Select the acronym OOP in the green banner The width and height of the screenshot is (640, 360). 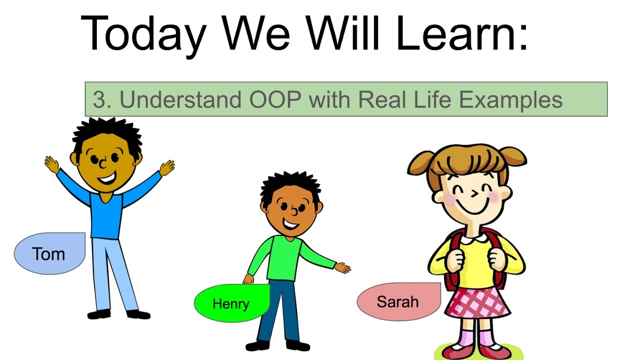click(275, 99)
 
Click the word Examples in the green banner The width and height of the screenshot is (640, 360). click(510, 100)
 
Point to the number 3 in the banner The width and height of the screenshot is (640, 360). click(99, 99)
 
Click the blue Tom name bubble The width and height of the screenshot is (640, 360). click(49, 253)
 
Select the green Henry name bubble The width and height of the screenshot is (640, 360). click(231, 303)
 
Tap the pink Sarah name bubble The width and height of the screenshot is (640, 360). click(399, 301)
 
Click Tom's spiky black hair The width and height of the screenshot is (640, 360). click(107, 135)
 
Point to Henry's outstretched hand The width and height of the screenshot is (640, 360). click(342, 267)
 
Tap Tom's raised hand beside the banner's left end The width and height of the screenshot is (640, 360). click(167, 168)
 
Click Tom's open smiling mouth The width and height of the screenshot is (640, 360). click(107, 179)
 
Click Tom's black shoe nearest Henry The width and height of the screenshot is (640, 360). click(138, 314)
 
